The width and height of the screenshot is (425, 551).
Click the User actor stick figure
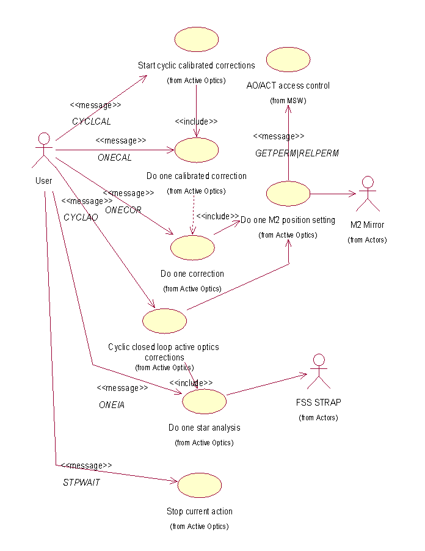coord(43,150)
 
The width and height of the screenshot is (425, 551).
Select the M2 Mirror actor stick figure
coord(367,194)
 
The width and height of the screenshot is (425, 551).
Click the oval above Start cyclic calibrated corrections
coord(196,38)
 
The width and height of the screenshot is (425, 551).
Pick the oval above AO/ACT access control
coord(288,59)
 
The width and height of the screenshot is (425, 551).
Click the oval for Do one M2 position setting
coord(288,193)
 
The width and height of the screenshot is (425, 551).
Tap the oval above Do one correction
coord(192,247)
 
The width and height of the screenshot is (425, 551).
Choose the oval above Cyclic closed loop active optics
coord(164,321)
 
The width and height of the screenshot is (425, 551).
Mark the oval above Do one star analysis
coord(204,401)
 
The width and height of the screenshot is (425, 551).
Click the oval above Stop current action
coord(199,485)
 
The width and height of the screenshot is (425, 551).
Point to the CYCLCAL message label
coord(92,122)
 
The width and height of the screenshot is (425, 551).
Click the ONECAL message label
coord(115,158)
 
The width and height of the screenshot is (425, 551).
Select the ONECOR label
coord(123,210)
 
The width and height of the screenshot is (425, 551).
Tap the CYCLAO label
coord(81,217)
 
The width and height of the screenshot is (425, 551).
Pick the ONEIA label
coord(112,405)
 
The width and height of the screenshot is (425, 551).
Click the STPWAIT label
coord(81,482)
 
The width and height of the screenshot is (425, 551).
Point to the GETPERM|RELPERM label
coord(297,153)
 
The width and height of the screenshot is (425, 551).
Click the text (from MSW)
coord(288,101)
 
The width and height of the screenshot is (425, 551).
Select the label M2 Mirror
coord(368,225)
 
